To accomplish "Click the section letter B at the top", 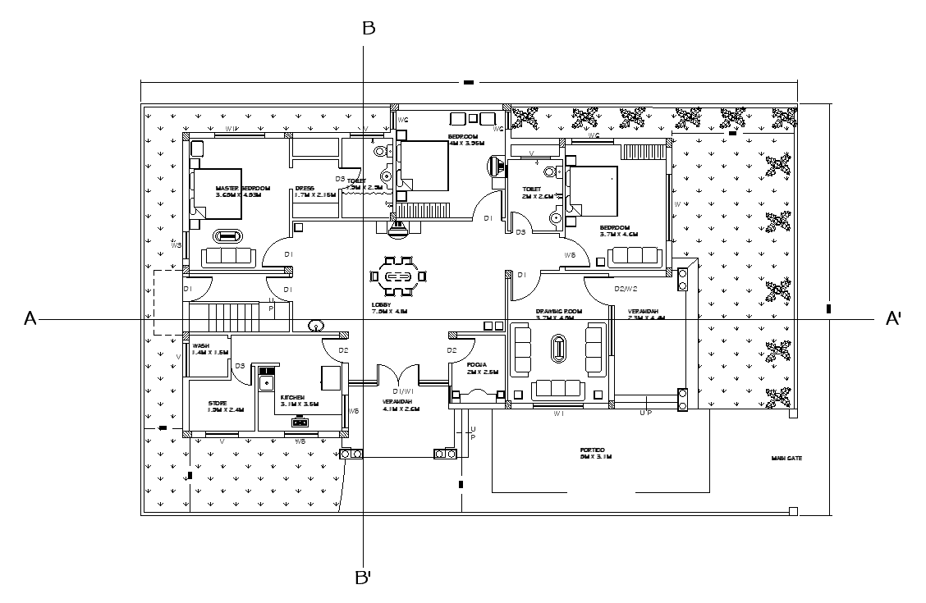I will click(x=369, y=29).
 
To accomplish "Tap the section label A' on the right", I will click(x=893, y=319).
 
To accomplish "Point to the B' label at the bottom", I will click(x=364, y=578).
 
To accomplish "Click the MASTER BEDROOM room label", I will click(x=238, y=188).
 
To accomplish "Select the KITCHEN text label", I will click(x=293, y=396).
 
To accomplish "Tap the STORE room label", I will click(x=218, y=403).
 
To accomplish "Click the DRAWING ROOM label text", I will click(x=558, y=312).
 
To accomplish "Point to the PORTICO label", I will click(x=592, y=450).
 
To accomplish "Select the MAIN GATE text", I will click(x=786, y=459).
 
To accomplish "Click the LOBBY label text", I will click(x=382, y=304).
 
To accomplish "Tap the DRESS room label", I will click(x=305, y=188).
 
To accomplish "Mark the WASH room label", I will click(x=201, y=346).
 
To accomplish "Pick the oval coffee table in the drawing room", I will click(x=559, y=349).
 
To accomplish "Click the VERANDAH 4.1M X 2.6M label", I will click(x=401, y=404).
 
